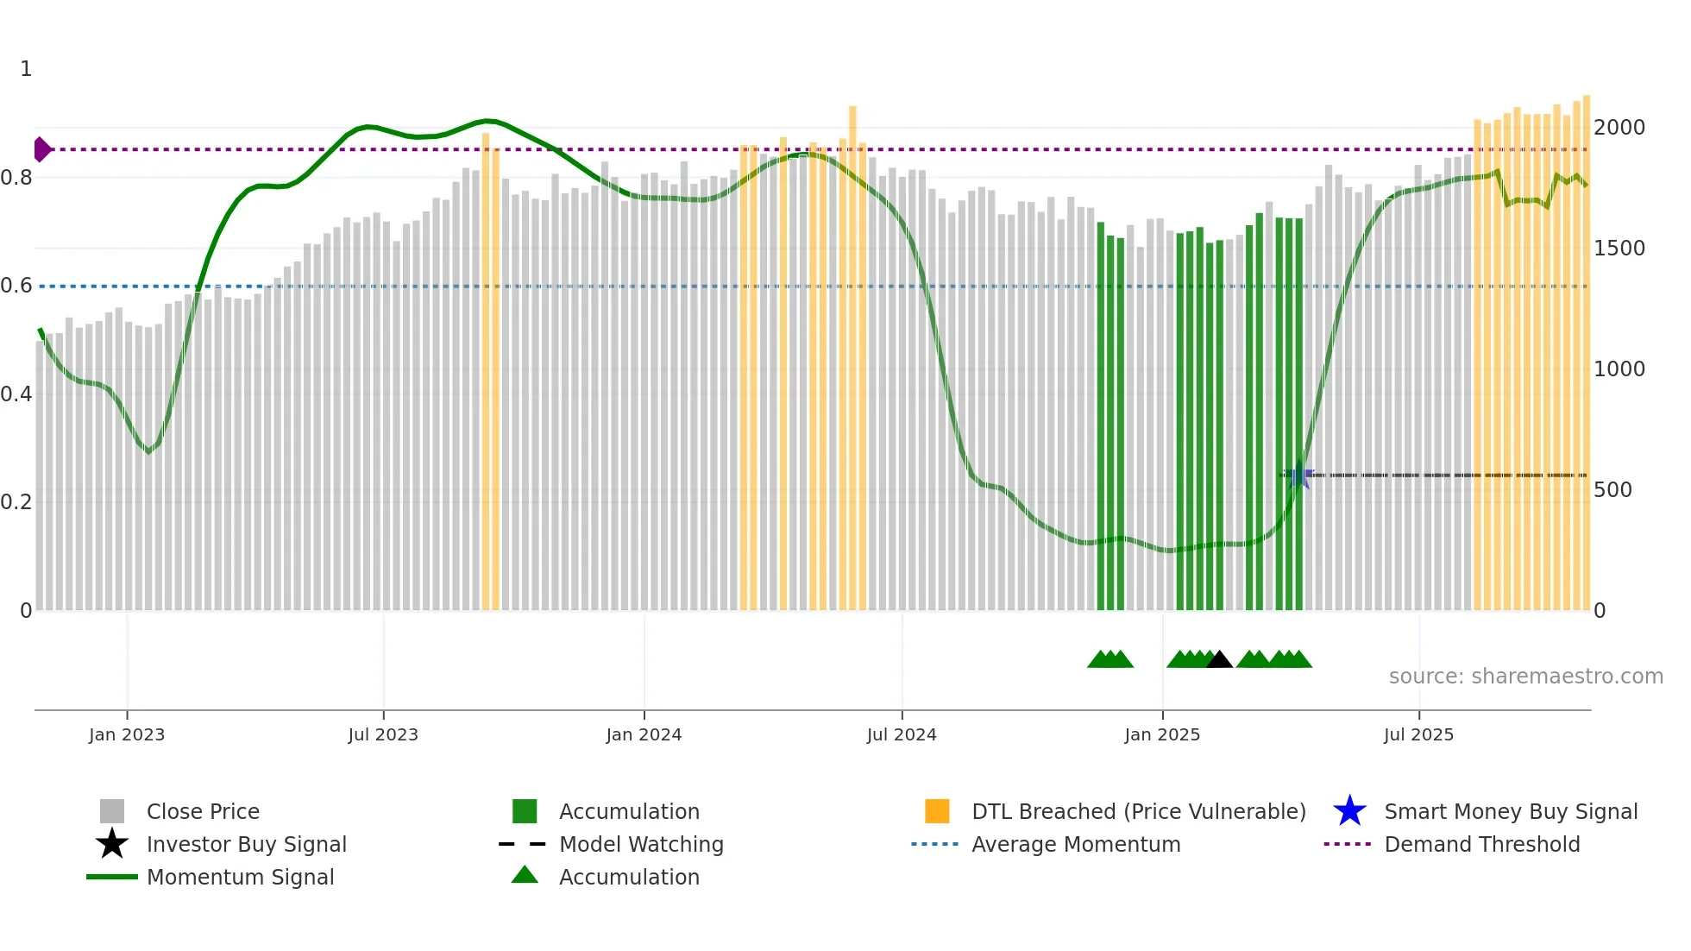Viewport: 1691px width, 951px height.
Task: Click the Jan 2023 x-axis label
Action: tap(126, 734)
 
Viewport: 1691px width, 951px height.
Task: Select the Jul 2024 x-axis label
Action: tap(902, 734)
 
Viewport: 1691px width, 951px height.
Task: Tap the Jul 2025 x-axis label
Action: tap(1418, 734)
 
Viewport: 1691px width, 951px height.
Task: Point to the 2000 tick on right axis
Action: tap(1619, 128)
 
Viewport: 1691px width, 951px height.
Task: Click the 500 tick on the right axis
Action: tap(1612, 490)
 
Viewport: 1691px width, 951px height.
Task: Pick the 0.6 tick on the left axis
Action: tap(16, 286)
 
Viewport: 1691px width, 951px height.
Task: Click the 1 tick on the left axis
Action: tap(26, 69)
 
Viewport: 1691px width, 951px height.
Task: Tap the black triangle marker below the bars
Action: tap(1219, 660)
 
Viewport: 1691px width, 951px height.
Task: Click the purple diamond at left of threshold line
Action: tap(41, 149)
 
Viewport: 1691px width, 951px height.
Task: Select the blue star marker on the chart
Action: tap(1299, 475)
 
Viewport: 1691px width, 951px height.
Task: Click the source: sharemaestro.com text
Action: tap(1525, 677)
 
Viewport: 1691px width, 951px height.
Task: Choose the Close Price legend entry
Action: tap(203, 811)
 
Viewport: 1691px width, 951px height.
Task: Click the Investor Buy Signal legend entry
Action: tap(246, 844)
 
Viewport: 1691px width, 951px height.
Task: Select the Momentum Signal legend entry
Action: tap(240, 877)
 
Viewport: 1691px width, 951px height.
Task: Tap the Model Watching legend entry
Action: tap(641, 844)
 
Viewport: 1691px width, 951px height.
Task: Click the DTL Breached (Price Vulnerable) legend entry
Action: tap(1138, 811)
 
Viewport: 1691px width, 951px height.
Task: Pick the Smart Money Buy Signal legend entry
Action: tap(1510, 811)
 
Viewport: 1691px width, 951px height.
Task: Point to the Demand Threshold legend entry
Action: tap(1481, 844)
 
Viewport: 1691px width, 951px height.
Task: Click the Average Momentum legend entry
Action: tap(1075, 844)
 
